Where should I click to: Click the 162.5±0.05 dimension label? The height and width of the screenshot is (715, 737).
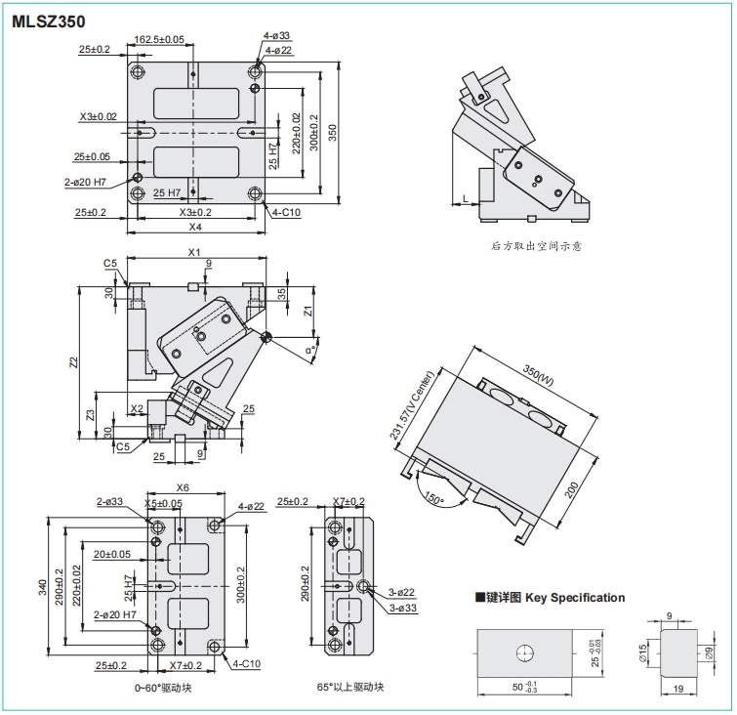pyautogui.click(x=160, y=40)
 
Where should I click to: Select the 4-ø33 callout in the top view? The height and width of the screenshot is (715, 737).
pyautogui.click(x=276, y=37)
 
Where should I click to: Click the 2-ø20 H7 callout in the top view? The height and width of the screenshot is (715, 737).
pyautogui.click(x=85, y=182)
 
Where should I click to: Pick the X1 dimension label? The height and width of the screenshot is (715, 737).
pyautogui.click(x=194, y=253)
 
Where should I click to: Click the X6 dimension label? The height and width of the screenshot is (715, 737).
pyautogui.click(x=183, y=487)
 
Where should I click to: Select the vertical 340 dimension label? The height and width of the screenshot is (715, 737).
pyautogui.click(x=41, y=586)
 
